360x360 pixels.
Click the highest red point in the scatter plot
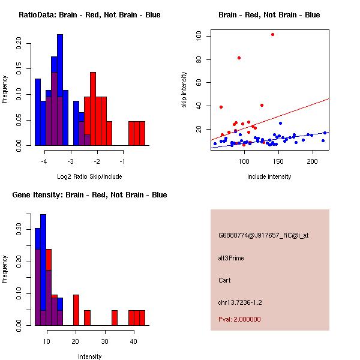(x=272, y=35)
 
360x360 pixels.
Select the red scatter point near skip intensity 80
(x=239, y=58)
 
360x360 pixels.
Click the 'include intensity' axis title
(x=269, y=176)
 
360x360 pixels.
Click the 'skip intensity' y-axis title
(x=185, y=90)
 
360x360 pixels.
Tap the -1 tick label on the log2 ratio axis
(x=122, y=161)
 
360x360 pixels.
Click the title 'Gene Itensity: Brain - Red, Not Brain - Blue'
(x=89, y=195)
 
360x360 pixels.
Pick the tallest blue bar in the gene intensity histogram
(x=43, y=270)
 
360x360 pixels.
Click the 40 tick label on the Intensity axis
(x=134, y=341)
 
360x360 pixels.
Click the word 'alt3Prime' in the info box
(x=231, y=258)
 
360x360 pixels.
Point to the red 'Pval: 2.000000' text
(x=239, y=319)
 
